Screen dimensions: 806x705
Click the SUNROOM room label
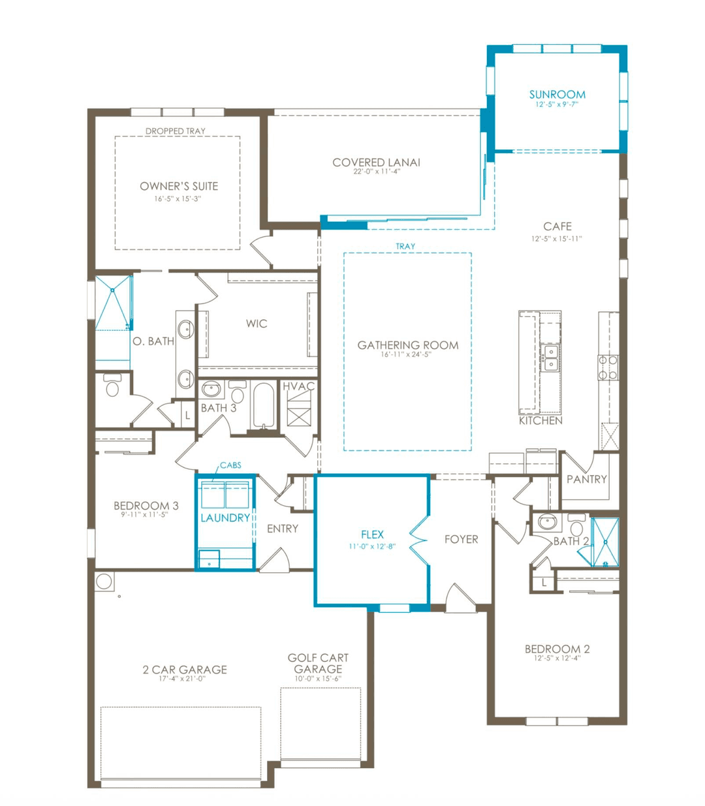tap(557, 95)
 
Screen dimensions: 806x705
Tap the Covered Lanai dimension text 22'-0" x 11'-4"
tap(377, 172)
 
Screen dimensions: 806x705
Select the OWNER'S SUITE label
tap(179, 186)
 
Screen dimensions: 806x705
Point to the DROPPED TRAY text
tap(175, 131)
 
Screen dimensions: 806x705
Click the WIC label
tap(257, 324)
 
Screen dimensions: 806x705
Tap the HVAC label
tap(298, 386)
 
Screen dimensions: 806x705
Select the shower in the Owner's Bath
tap(113, 303)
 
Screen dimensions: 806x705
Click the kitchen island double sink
tap(550, 358)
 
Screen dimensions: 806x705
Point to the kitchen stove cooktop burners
tap(608, 367)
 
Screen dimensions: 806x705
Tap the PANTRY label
tap(586, 479)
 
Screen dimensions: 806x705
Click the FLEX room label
tap(372, 535)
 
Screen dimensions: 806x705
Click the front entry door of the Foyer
tap(461, 598)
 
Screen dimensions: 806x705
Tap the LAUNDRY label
tap(225, 518)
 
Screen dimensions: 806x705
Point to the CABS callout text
tap(230, 465)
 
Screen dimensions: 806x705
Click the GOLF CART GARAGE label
tap(318, 663)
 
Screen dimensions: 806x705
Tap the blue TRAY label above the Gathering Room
tap(405, 246)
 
